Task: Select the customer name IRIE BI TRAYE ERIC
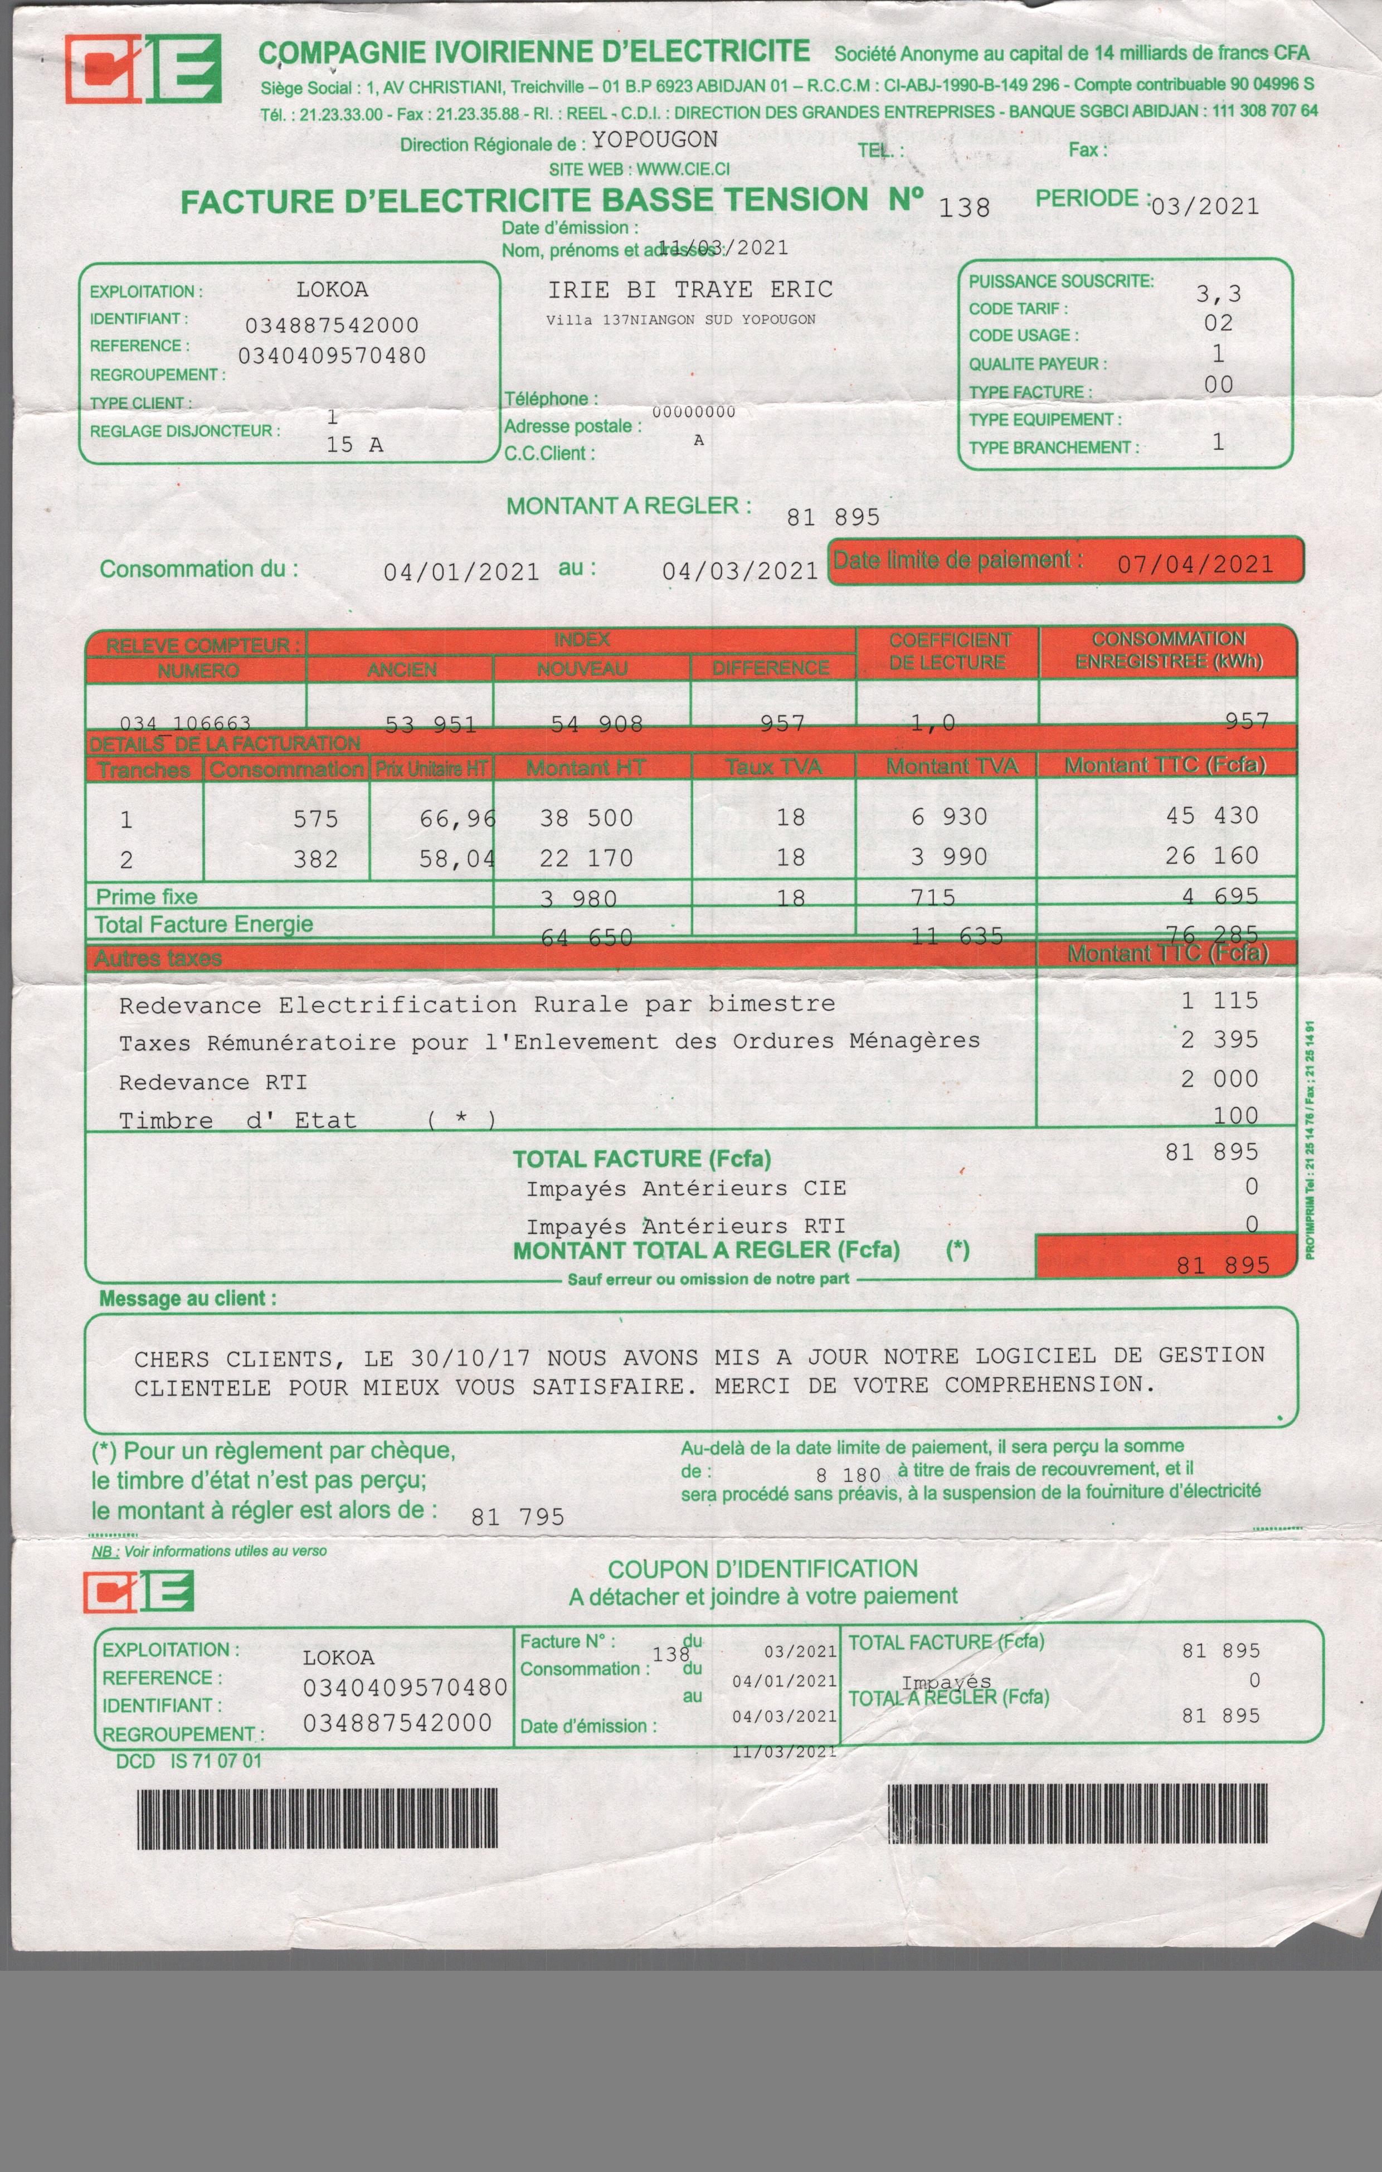690,289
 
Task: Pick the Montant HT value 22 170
586,858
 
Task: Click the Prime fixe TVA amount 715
933,897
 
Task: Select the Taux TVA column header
773,767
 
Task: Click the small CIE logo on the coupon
138,1592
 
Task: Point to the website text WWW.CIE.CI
683,169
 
